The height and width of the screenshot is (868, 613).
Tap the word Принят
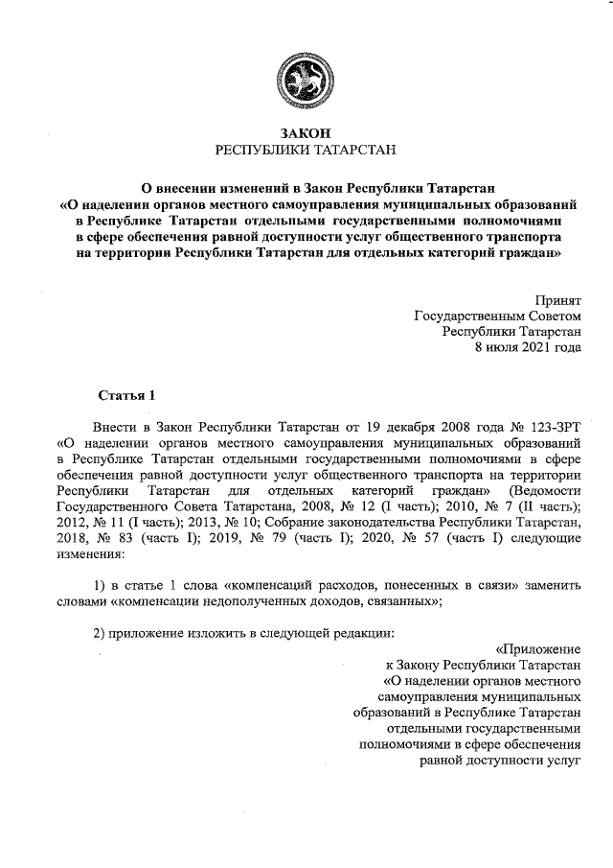pyautogui.click(x=556, y=298)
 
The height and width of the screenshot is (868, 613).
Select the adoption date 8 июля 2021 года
pyautogui.click(x=528, y=347)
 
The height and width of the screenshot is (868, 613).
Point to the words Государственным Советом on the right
pyautogui.click(x=496, y=315)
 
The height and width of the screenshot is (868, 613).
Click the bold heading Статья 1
pyautogui.click(x=126, y=395)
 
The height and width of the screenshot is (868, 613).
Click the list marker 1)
pyautogui.click(x=100, y=586)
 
